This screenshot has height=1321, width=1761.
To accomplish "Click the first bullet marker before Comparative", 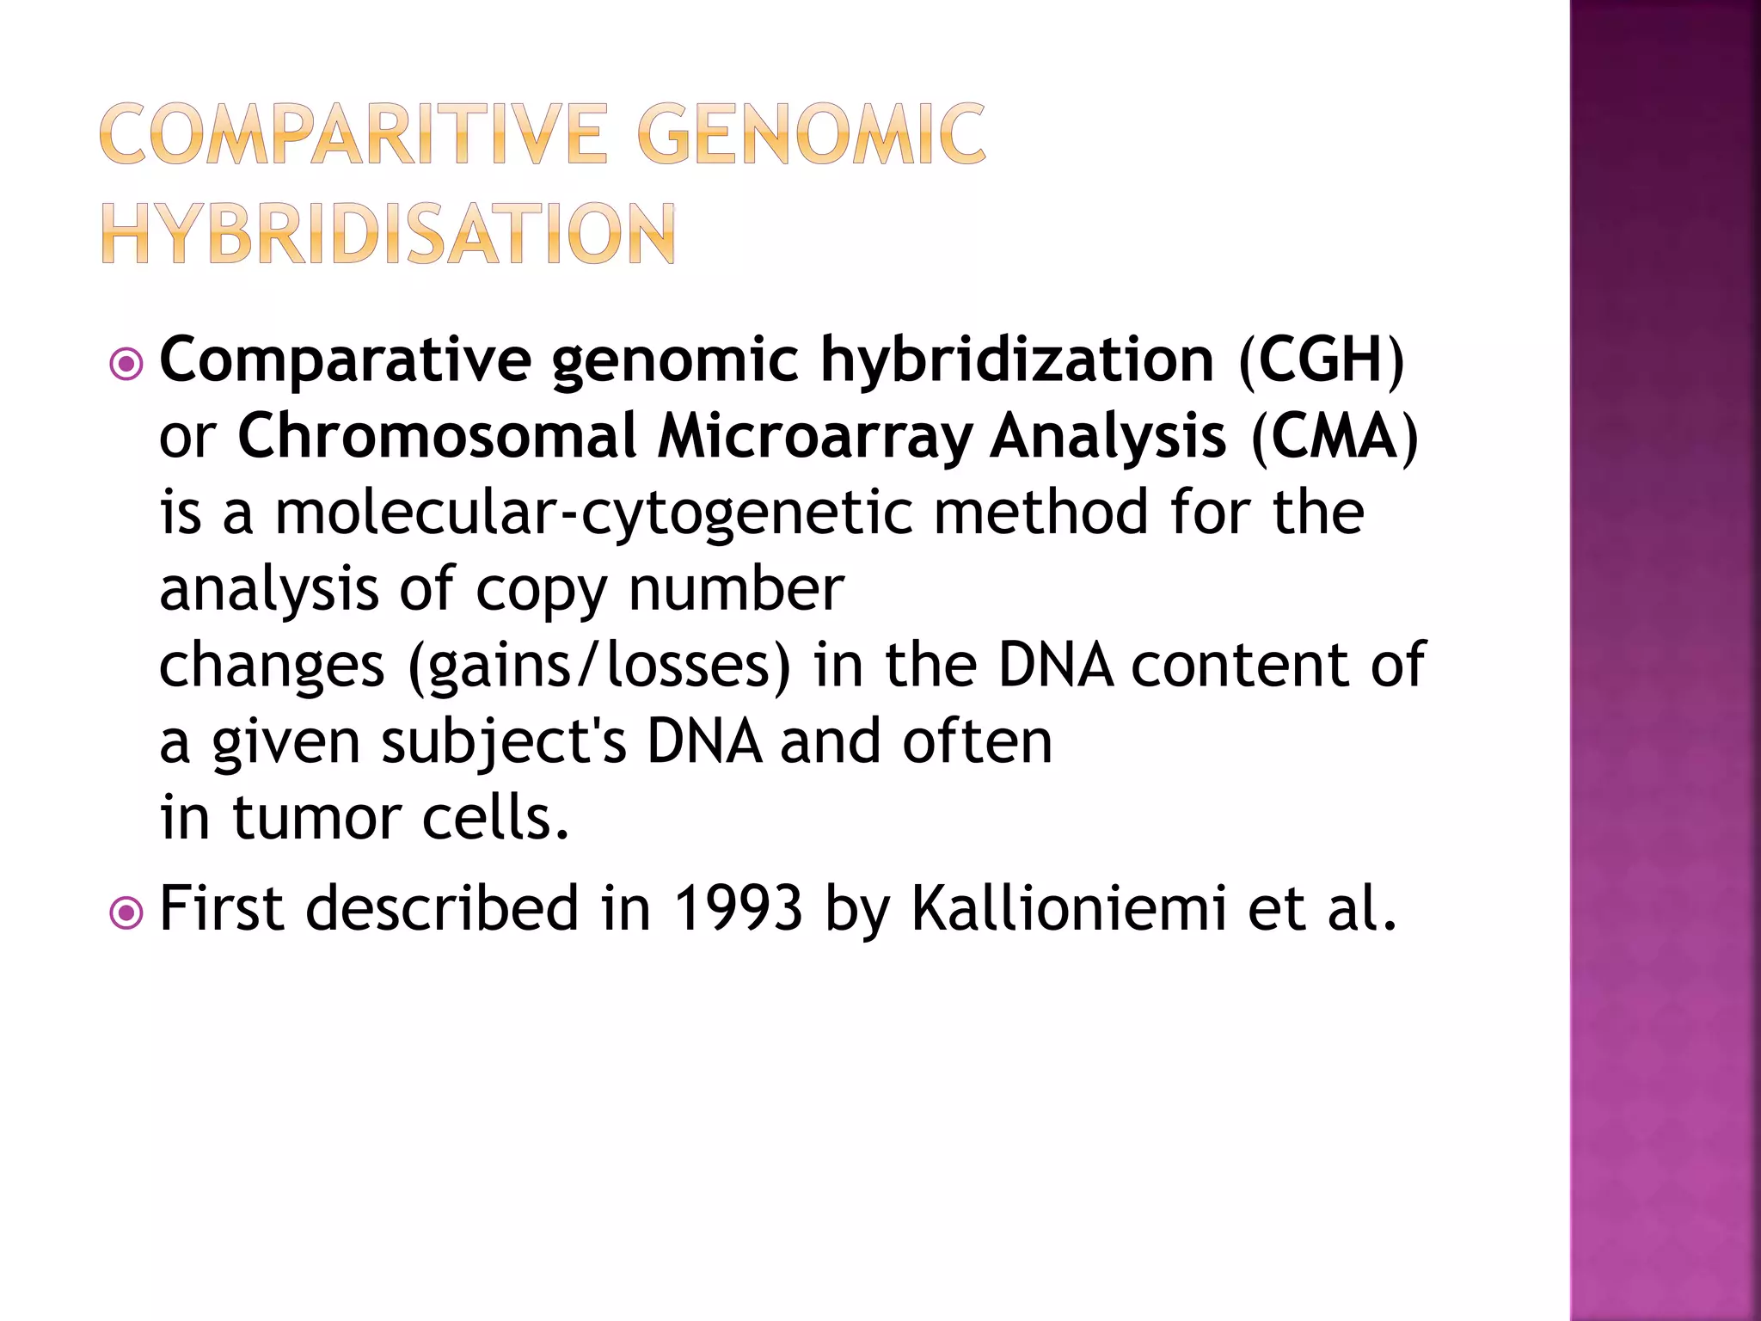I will tap(126, 365).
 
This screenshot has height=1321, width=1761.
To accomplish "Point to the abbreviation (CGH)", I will tap(1321, 359).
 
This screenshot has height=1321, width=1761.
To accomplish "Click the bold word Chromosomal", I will tap(437, 436).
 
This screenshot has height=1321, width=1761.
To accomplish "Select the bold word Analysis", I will tap(1108, 436).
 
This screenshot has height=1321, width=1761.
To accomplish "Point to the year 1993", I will tap(738, 908).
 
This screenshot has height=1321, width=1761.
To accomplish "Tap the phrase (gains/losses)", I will tap(598, 667).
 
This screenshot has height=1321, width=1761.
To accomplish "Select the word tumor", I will tap(316, 818).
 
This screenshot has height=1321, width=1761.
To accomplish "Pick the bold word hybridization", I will tap(1016, 359).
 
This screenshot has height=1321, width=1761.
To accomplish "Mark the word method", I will tap(1041, 513).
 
